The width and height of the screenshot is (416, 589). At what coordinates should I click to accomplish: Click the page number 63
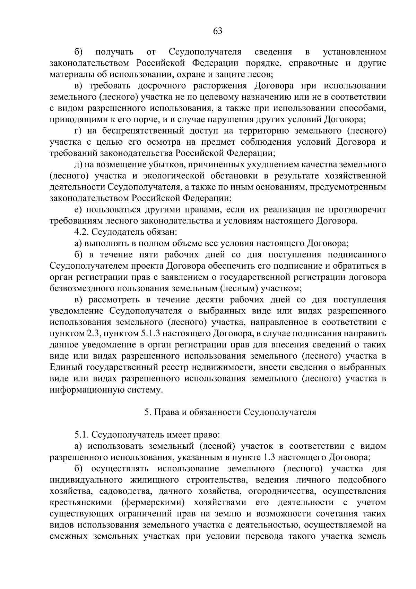click(x=218, y=31)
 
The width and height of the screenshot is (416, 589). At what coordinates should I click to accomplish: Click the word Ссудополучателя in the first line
click(x=205, y=52)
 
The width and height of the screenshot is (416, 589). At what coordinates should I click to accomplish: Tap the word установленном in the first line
click(x=354, y=52)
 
